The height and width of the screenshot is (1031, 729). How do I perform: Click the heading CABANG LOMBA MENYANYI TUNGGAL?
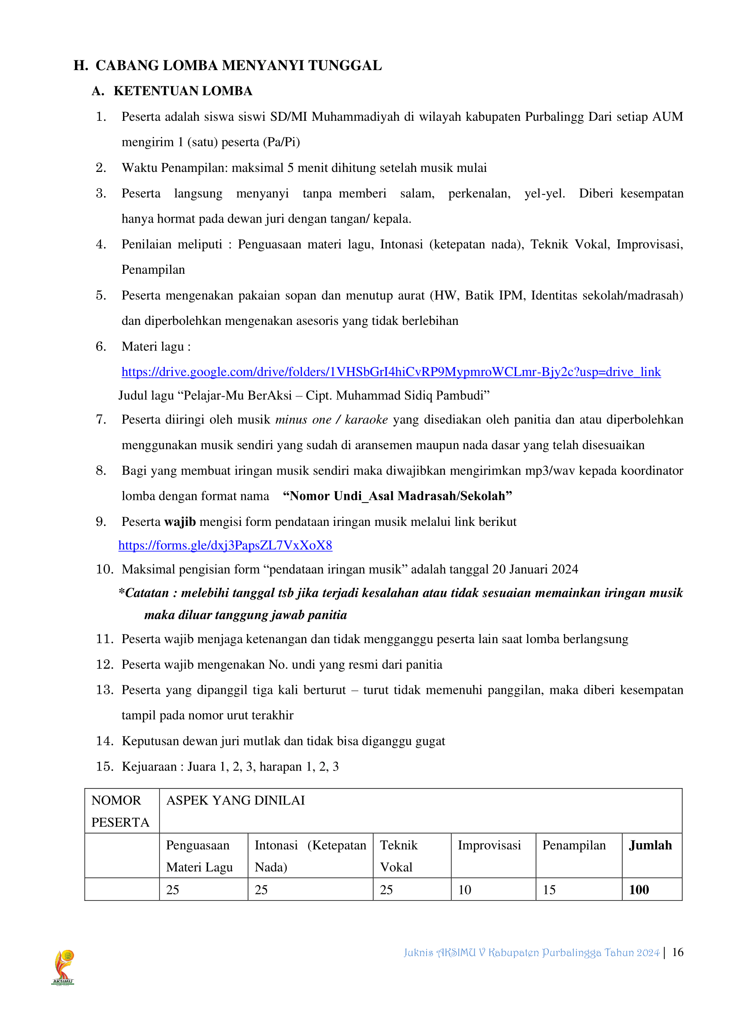click(x=238, y=66)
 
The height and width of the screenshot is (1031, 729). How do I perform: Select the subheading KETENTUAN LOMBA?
click(x=183, y=91)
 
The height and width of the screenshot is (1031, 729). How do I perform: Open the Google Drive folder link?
click(x=391, y=372)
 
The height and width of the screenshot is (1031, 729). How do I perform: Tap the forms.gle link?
click(x=225, y=545)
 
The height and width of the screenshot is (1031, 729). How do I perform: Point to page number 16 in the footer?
click(x=677, y=952)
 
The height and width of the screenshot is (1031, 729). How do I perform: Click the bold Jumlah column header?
click(x=650, y=845)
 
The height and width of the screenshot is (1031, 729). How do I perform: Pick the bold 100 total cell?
click(x=639, y=890)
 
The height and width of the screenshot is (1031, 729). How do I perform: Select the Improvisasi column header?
click(x=489, y=845)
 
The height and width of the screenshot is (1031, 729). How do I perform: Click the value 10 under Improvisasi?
click(x=465, y=890)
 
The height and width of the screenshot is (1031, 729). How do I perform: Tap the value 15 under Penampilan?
click(x=549, y=890)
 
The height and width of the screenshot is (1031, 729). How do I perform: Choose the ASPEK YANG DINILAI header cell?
click(x=236, y=800)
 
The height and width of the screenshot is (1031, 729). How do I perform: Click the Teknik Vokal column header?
click(x=398, y=856)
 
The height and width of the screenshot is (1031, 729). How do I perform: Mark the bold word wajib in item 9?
click(x=180, y=521)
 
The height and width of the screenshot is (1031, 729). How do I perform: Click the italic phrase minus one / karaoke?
click(x=331, y=419)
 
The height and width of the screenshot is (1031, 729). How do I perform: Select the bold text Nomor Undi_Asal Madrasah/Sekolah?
click(x=398, y=496)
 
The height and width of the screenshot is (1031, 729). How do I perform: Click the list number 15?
click(x=104, y=766)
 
